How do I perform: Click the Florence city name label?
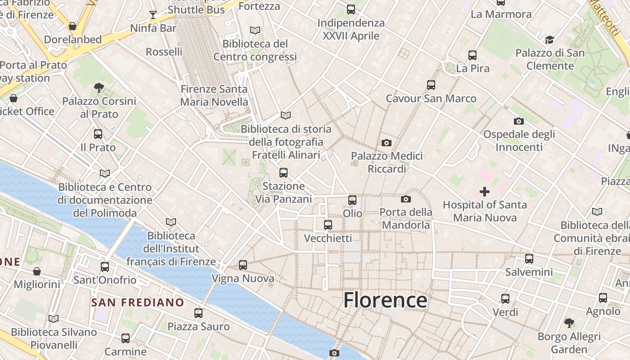click(385, 300)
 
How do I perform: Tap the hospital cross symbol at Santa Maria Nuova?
click(484, 192)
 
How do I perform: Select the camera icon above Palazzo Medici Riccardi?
click(386, 143)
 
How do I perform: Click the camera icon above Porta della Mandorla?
click(405, 199)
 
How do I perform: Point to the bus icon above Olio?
click(352, 200)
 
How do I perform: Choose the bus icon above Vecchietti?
click(328, 225)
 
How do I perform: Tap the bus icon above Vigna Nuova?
click(243, 265)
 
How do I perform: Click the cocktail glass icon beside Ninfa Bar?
click(153, 15)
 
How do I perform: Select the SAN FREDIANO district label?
click(138, 302)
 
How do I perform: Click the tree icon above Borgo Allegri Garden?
click(569, 323)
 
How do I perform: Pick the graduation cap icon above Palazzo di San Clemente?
click(549, 40)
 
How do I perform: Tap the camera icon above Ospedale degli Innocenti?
click(518, 121)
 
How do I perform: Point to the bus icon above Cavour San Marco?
click(431, 85)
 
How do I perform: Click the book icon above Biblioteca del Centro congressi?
click(255, 30)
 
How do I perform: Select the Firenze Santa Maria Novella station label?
click(214, 95)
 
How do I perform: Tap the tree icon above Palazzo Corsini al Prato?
click(99, 87)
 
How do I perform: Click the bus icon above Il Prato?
click(98, 134)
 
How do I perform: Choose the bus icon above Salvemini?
click(529, 259)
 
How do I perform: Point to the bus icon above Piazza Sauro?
click(198, 313)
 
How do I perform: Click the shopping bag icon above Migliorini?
click(37, 271)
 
